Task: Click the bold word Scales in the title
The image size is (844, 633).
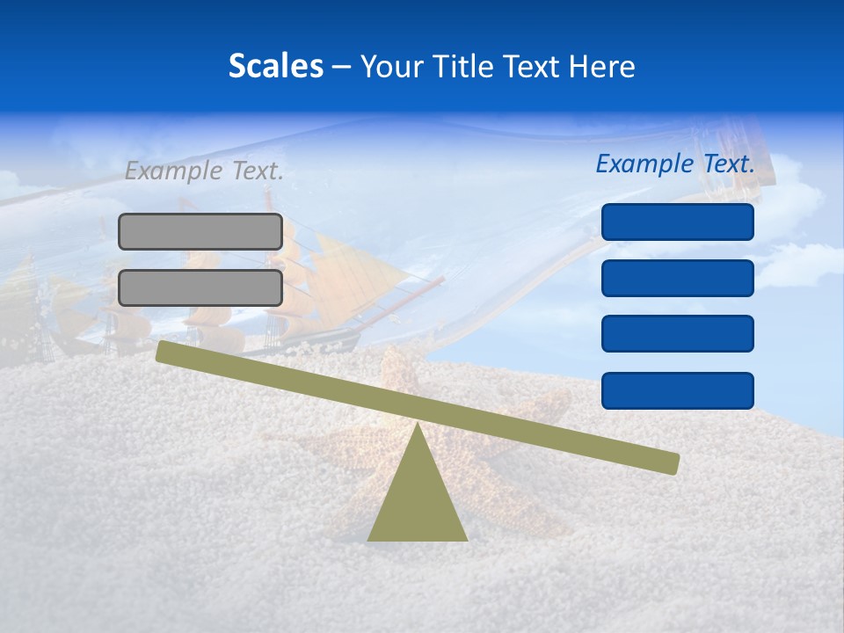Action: click(275, 66)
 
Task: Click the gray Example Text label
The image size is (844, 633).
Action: click(204, 171)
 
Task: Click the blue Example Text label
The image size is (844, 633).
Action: click(675, 164)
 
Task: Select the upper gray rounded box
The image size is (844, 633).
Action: click(200, 231)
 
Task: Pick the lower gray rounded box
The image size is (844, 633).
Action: click(200, 287)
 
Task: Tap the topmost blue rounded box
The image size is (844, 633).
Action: click(678, 222)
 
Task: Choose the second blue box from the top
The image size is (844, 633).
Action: click(678, 278)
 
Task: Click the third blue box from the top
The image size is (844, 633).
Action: click(678, 334)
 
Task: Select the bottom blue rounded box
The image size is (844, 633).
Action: click(678, 390)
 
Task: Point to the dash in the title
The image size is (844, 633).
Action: click(342, 67)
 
